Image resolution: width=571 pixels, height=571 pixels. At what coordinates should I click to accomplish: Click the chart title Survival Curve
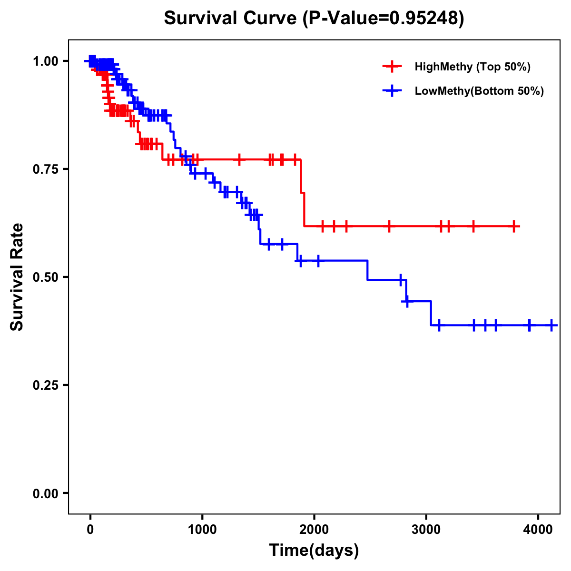coord(314,18)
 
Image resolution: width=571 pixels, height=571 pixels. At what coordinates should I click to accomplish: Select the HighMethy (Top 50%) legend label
coord(473,67)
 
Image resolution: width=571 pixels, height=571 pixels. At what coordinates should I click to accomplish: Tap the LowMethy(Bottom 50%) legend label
coord(479,91)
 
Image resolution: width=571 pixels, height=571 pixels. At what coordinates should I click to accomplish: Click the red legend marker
coord(392,67)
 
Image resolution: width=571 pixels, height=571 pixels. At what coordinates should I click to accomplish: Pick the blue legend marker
coord(392,91)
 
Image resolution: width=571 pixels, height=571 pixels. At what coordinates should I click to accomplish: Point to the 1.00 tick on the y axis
coord(46,61)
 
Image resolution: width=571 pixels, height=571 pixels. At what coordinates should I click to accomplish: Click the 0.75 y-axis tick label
coord(46,169)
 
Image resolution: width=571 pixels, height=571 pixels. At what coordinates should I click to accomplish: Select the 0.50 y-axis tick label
coord(46,277)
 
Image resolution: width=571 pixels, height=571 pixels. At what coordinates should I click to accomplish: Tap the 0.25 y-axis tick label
coord(46,385)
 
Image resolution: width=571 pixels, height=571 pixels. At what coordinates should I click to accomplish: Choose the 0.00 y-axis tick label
coord(46,493)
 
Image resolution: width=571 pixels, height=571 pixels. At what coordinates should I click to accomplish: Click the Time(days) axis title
coord(314,551)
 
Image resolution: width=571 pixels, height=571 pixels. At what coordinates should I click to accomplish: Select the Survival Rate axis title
coord(17,277)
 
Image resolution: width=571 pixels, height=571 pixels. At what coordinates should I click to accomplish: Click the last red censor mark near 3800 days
coord(514,226)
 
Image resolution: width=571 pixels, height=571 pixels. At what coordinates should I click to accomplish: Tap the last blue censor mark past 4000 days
coord(551,325)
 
